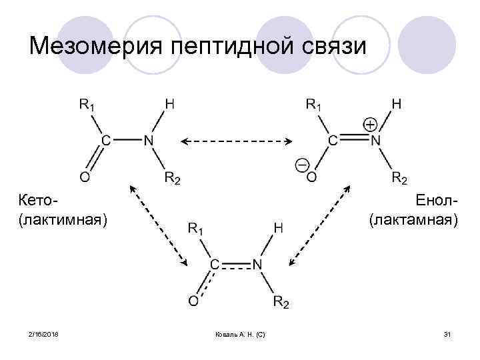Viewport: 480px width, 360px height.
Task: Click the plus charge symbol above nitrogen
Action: pyautogui.click(x=371, y=125)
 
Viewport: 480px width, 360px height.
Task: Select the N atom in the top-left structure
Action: pyautogui.click(x=148, y=141)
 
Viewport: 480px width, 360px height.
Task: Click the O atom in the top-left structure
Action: pyautogui.click(x=85, y=176)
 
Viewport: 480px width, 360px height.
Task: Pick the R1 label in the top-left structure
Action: pyautogui.click(x=88, y=104)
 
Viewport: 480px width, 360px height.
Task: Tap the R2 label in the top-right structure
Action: pyautogui.click(x=399, y=177)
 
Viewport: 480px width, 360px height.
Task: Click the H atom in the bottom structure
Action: pyautogui.click(x=279, y=229)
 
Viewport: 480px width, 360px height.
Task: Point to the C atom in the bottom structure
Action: pyautogui.click(x=215, y=265)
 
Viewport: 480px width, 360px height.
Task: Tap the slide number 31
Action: pyautogui.click(x=447, y=333)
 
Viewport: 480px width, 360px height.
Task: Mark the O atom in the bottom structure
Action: pyautogui.click(x=193, y=301)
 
